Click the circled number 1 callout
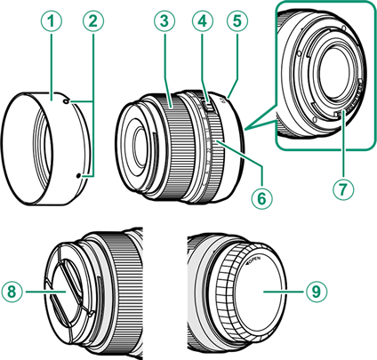(x=52, y=21)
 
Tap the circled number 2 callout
(x=93, y=21)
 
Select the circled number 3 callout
(x=164, y=21)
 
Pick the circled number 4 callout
(x=203, y=21)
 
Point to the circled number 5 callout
(x=237, y=21)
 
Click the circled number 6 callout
(x=262, y=199)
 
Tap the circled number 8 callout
(x=12, y=292)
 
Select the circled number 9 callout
(x=317, y=292)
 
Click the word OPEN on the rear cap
(x=254, y=260)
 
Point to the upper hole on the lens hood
(x=66, y=101)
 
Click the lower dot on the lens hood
(x=78, y=176)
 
